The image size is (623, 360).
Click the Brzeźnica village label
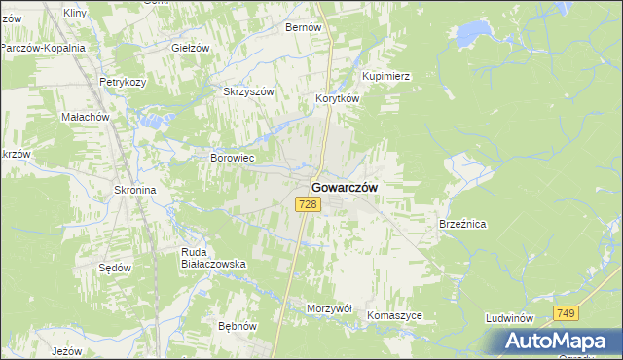tap(462, 224)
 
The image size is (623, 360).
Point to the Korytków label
tap(338, 99)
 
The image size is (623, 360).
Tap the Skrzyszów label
tap(250, 91)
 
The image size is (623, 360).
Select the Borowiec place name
tap(233, 157)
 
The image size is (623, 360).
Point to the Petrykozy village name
tap(122, 82)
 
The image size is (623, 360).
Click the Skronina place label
tap(135, 191)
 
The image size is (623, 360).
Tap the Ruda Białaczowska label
tap(213, 257)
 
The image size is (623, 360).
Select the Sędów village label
tap(115, 267)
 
